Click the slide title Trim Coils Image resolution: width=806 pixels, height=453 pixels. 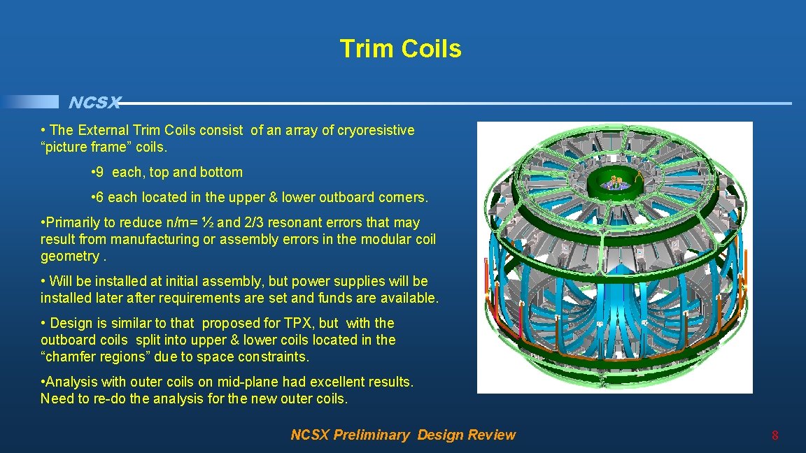tap(400, 49)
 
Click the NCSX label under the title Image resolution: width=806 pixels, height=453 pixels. tap(94, 103)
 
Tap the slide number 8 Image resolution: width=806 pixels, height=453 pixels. tap(775, 436)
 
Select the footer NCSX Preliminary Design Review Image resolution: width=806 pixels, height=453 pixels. tap(402, 435)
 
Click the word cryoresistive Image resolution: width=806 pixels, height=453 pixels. tap(376, 130)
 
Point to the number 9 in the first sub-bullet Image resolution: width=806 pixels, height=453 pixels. tap(100, 172)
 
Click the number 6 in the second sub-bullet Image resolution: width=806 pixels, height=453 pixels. tap(100, 197)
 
